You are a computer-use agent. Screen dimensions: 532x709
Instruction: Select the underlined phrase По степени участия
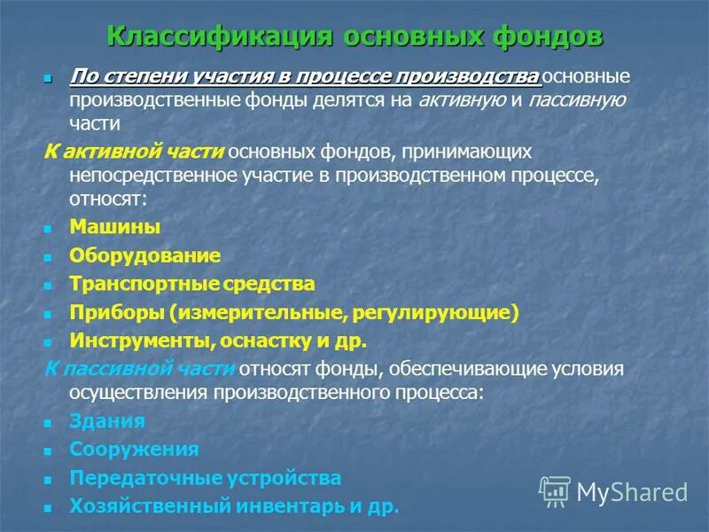pos(158,77)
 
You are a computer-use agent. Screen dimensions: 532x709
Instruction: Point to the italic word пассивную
pos(577,99)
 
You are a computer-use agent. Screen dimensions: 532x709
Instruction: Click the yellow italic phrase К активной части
pos(134,152)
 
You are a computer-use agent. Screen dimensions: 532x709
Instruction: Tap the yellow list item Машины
pos(115,227)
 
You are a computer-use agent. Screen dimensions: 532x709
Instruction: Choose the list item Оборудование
pos(144,255)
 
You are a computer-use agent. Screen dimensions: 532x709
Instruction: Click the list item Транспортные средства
pos(191,284)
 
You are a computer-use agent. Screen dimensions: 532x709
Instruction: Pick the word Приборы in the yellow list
pos(117,312)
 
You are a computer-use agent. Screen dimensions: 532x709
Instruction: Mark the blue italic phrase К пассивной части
pos(139,368)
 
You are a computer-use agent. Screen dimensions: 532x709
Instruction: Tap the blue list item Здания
pos(106,421)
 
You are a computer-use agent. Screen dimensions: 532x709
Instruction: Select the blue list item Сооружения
pos(134,450)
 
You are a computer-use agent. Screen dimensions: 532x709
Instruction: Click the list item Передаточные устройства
pos(205,478)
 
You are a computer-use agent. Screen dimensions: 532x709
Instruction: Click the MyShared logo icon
pos(555,491)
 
